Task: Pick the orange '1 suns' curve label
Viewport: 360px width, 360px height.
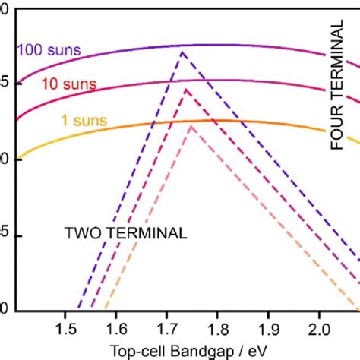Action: pyautogui.click(x=80, y=119)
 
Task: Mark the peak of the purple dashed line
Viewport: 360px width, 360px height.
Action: pyautogui.click(x=182, y=52)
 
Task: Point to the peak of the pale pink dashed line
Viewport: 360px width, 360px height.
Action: pyautogui.click(x=191, y=126)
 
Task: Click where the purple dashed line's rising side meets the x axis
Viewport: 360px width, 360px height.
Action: pyautogui.click(x=77, y=311)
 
